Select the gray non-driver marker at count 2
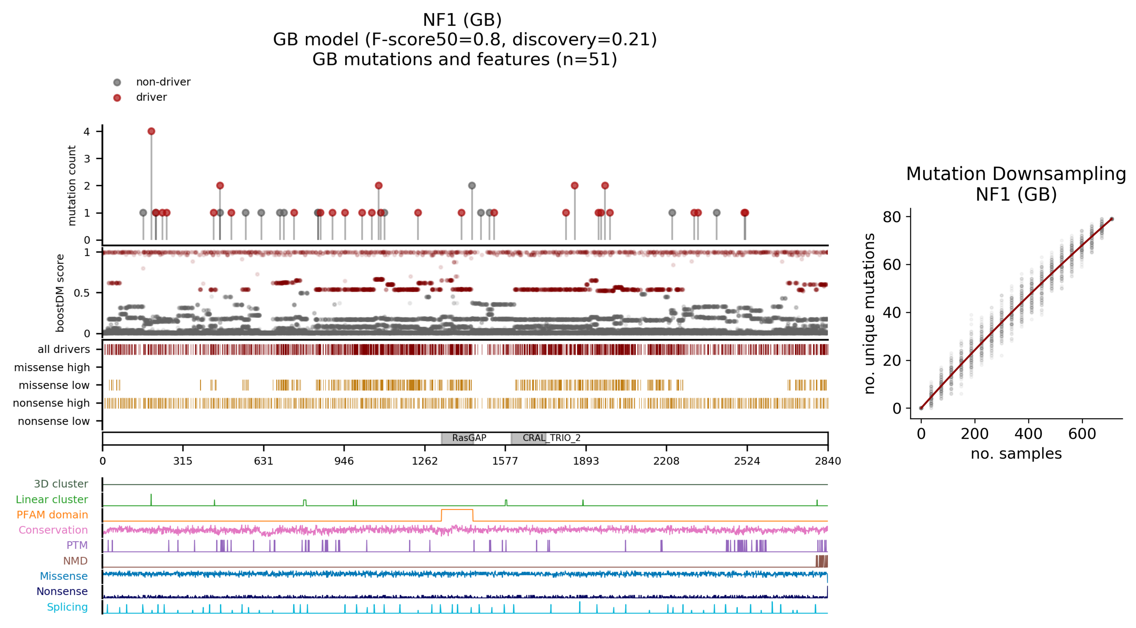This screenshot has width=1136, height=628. pos(472,186)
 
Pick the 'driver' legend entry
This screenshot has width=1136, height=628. pos(151,97)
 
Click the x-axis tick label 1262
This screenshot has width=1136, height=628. pos(425,461)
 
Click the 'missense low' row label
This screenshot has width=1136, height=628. pos(54,385)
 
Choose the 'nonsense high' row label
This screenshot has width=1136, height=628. pos(51,403)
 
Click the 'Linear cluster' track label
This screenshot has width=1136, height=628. pos(52,499)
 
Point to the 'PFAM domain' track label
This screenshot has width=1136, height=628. pos(52,515)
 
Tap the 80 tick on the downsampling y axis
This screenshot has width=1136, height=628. pos(892,217)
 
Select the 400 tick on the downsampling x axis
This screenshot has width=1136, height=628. pos(1028,434)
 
